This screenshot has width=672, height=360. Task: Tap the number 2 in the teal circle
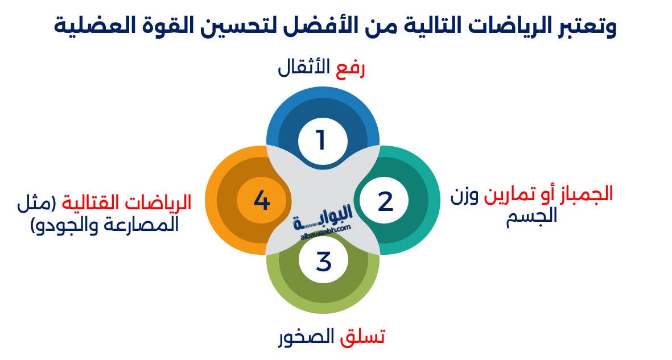pyautogui.click(x=386, y=201)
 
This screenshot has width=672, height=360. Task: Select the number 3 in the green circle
pyautogui.click(x=323, y=262)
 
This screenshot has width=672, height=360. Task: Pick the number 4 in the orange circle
pyautogui.click(x=261, y=200)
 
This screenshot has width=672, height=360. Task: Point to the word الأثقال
pyautogui.click(x=304, y=68)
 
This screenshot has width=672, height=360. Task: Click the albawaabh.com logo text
pyautogui.click(x=323, y=227)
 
